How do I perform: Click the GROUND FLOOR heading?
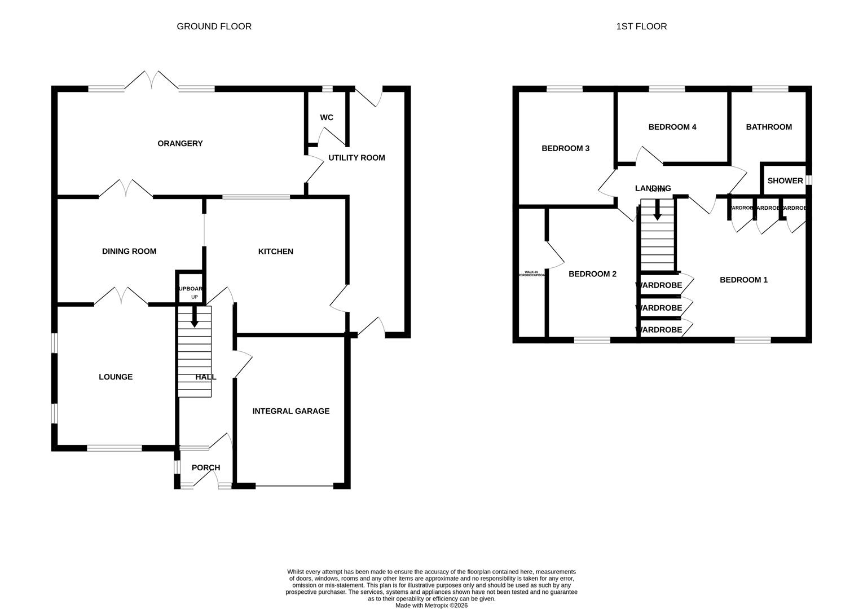click(214, 27)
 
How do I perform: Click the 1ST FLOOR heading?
click(641, 27)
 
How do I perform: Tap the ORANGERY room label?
click(180, 144)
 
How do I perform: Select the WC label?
click(327, 118)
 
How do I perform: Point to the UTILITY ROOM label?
click(356, 158)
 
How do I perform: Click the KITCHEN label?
click(275, 251)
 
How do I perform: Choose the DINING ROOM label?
click(129, 251)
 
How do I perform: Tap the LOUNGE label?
click(116, 377)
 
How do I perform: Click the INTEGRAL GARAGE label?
click(290, 412)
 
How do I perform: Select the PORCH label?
click(206, 468)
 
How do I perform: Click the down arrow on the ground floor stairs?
click(194, 318)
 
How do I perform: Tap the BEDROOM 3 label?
click(565, 148)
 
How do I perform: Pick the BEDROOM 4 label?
click(672, 127)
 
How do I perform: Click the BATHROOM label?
click(769, 127)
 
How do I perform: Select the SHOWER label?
click(785, 181)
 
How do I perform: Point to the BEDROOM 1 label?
click(743, 280)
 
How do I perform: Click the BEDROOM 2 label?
click(592, 274)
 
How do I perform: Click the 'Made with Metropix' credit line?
click(431, 606)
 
